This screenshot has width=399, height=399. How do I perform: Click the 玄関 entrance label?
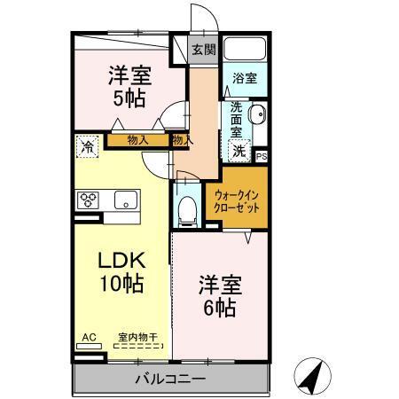(x=204, y=49)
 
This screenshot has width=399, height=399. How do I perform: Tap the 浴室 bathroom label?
(x=245, y=79)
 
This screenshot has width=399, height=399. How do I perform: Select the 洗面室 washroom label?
(x=237, y=120)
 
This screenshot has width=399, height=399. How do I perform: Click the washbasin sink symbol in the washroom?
(x=256, y=115)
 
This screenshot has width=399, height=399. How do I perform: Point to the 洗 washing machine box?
(x=239, y=151)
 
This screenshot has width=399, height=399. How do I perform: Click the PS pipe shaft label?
(x=262, y=157)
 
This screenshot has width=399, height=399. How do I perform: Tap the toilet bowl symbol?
(x=188, y=208)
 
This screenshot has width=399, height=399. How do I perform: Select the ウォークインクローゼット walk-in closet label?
(x=237, y=202)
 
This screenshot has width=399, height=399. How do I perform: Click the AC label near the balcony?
(x=89, y=337)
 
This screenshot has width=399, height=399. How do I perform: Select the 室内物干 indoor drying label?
(x=137, y=337)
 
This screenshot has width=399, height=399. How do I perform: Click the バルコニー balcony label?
(x=170, y=379)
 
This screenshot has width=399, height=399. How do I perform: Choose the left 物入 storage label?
(x=137, y=139)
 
